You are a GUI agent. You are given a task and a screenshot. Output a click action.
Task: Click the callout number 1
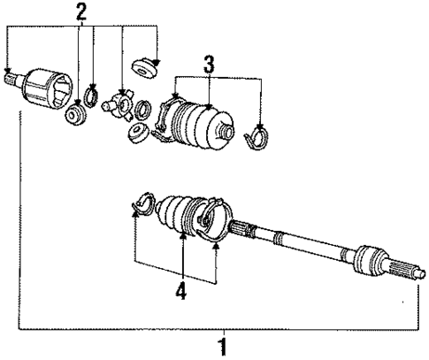[x=223, y=344]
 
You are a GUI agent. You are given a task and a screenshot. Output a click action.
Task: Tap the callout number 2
[x=81, y=12]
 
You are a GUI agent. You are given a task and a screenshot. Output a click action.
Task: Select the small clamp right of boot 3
[x=260, y=135]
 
